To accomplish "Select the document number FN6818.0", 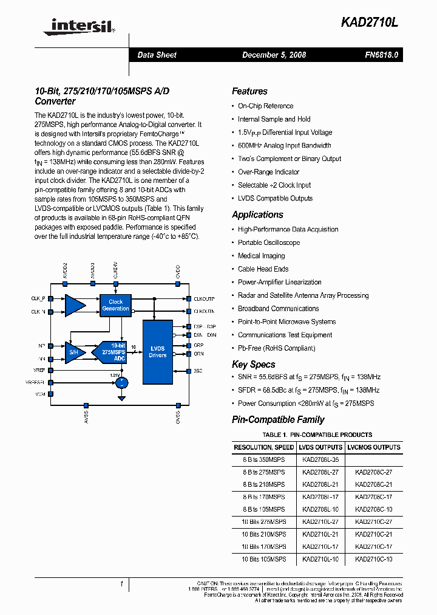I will (381, 55).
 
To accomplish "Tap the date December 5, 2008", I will (274, 55).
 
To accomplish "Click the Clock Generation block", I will (115, 305).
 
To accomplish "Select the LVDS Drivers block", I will (157, 351).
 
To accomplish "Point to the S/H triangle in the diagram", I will (74, 352).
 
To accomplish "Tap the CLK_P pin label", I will (38, 298).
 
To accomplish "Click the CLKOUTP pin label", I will (204, 298).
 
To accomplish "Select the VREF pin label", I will (39, 369).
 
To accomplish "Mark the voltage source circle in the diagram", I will (122, 382).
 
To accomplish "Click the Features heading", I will (249, 92).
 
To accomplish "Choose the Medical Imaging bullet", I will (261, 256).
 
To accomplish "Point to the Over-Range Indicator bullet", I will (268, 172).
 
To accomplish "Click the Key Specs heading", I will (253, 365).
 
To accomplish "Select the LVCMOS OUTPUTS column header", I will (373, 447).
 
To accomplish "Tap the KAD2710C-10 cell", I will (373, 559).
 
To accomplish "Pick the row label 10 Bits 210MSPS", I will (263, 534).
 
